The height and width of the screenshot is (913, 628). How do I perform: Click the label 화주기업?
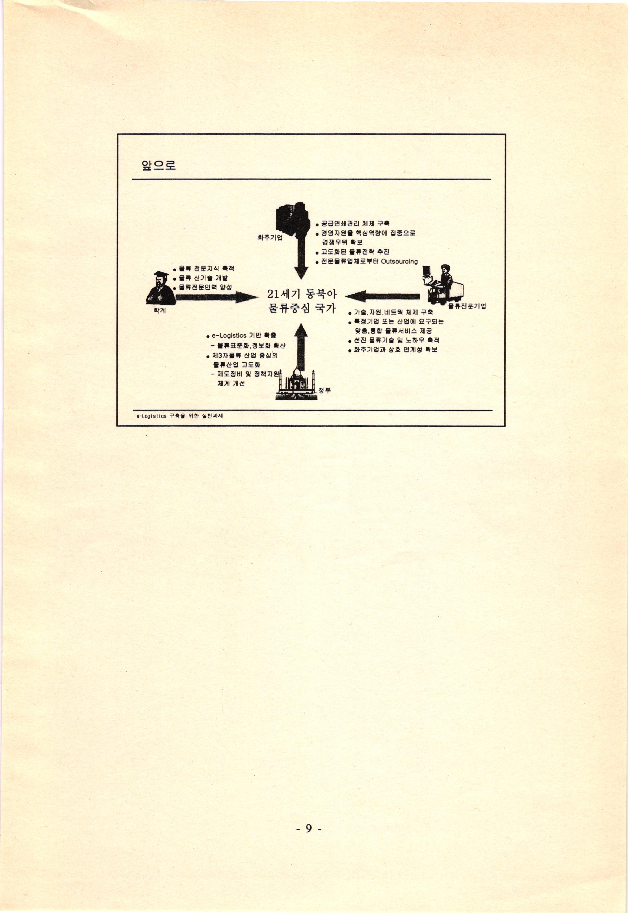click(x=270, y=238)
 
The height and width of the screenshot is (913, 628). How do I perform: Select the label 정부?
click(x=325, y=390)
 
